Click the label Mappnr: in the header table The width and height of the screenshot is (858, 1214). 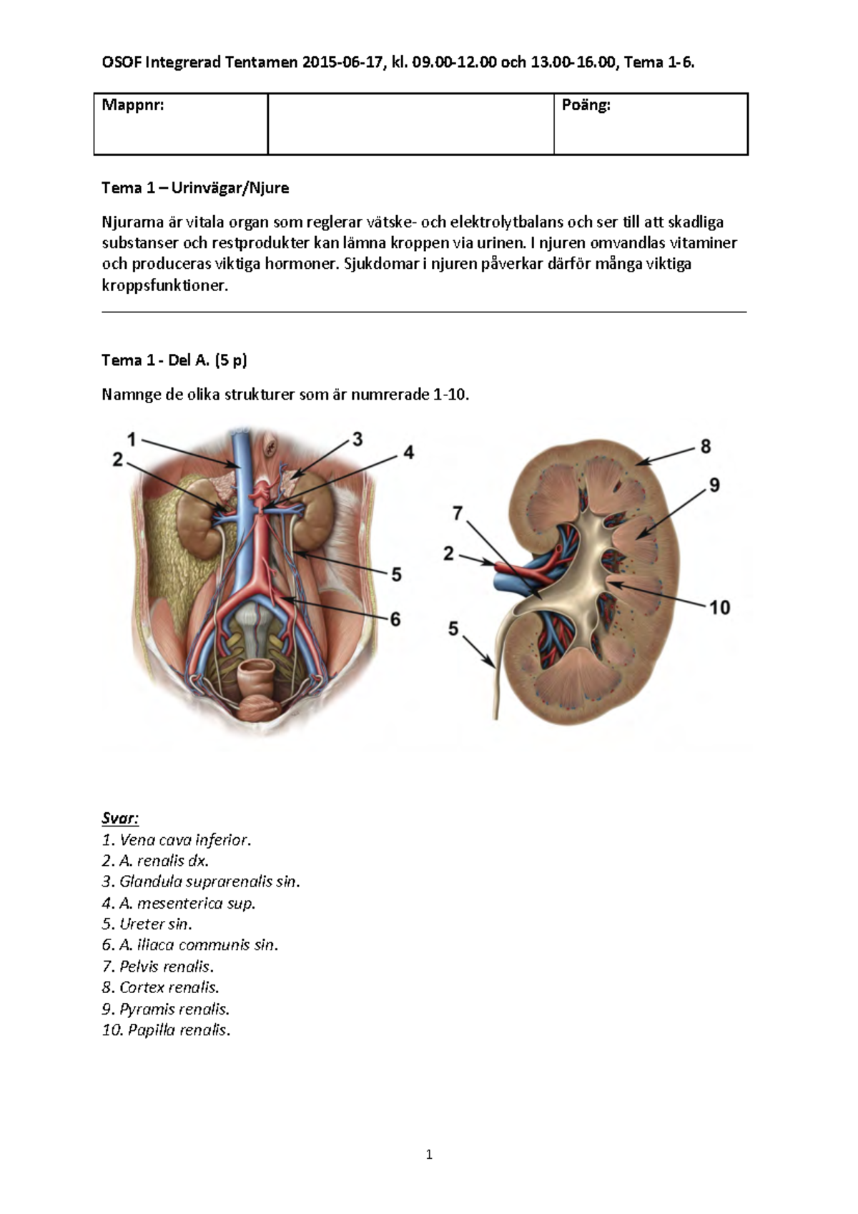(x=133, y=106)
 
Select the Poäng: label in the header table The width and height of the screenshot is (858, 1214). (x=586, y=106)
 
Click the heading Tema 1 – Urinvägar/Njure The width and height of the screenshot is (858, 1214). (x=195, y=188)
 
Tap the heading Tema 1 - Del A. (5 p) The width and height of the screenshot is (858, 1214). (x=174, y=360)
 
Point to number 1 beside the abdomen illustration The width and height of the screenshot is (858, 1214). (x=132, y=439)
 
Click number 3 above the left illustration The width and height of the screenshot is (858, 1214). (x=357, y=439)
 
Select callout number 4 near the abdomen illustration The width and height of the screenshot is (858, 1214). (x=408, y=453)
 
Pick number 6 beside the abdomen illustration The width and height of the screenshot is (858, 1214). (x=395, y=619)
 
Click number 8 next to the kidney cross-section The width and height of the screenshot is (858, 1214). (x=706, y=447)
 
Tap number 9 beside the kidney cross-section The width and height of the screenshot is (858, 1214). (x=714, y=485)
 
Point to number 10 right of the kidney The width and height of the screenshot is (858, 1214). (x=719, y=608)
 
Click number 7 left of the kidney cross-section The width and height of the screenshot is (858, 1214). (x=458, y=513)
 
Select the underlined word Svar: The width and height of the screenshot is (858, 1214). (x=120, y=818)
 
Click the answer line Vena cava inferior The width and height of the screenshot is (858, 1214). (x=177, y=839)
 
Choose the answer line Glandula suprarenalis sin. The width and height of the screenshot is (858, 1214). (x=201, y=882)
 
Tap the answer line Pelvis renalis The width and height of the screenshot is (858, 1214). (x=158, y=967)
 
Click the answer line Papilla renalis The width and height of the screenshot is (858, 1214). (x=166, y=1030)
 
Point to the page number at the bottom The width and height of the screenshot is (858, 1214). (x=429, y=1154)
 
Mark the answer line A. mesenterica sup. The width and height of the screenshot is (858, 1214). (x=179, y=903)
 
